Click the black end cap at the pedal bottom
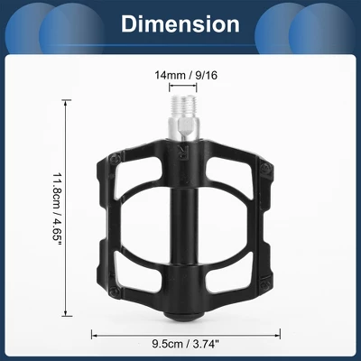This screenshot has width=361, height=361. (180, 312)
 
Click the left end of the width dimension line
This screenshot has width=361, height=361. (93, 333)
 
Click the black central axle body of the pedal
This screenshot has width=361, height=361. (180, 226)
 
